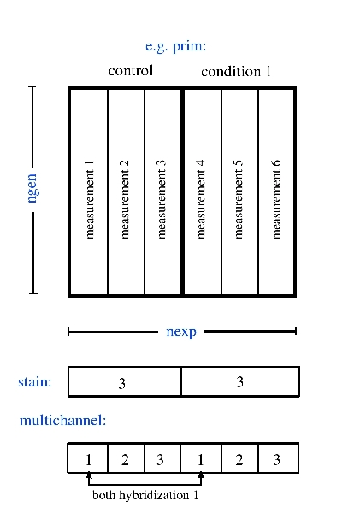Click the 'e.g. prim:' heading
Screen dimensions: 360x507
click(175, 46)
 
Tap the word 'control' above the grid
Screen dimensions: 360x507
click(131, 70)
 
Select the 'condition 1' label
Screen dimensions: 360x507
click(236, 71)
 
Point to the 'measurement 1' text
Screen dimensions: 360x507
click(89, 200)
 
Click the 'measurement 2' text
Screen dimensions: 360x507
click(124, 199)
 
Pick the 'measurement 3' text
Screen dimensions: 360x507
click(161, 199)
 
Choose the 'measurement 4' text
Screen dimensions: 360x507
click(200, 199)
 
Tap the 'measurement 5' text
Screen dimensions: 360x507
click(238, 199)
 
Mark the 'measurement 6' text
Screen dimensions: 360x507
click(276, 199)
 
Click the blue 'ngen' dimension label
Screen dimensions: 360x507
click(33, 188)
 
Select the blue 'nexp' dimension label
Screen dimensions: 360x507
click(181, 332)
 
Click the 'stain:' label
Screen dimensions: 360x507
click(35, 382)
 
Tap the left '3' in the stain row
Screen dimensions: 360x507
click(122, 383)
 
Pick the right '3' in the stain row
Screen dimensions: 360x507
click(239, 382)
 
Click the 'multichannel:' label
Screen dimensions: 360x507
click(62, 420)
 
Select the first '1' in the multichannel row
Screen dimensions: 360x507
click(88, 459)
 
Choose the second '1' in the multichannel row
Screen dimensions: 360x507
click(201, 459)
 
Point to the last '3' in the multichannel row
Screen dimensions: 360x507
click(276, 459)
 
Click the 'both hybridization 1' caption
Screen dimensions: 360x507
click(145, 495)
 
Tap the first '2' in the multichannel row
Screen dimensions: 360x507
click(125, 459)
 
